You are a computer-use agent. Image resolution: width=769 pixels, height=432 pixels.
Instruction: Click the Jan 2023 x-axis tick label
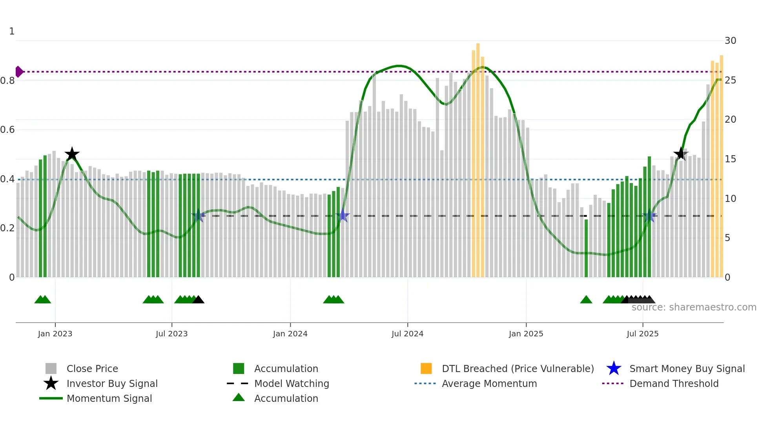55,334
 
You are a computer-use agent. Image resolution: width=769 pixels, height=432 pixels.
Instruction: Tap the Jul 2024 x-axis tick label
407,334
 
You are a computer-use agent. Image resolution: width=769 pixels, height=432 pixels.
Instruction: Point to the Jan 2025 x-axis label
526,334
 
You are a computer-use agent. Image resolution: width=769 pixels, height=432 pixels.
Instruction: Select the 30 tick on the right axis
730,41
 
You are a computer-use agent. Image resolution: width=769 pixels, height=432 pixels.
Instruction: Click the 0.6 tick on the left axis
7,130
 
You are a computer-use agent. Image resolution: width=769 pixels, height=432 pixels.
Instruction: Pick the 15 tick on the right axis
730,159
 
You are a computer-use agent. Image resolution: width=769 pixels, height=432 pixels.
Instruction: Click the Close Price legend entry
92,368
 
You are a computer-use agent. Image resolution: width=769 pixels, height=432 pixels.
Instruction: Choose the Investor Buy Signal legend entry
112,383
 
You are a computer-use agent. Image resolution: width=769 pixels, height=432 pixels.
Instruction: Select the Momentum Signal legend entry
109,398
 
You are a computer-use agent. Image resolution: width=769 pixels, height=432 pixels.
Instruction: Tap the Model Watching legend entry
292,383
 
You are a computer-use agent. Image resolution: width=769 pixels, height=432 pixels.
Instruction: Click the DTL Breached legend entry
518,368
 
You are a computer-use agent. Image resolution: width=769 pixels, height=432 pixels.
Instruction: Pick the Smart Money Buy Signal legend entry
687,368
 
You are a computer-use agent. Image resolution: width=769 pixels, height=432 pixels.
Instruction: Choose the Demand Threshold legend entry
674,383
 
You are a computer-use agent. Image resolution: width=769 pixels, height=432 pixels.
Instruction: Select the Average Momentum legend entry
489,383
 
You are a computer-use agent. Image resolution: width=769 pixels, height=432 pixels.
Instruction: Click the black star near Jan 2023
72,154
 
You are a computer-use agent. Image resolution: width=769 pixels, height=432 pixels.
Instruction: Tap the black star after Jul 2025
681,154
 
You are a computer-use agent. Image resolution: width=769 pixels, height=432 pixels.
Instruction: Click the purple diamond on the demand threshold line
19,72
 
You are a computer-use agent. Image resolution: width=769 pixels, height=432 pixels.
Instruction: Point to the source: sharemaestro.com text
694,307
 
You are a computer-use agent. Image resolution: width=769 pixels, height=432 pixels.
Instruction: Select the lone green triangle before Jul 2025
586,300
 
